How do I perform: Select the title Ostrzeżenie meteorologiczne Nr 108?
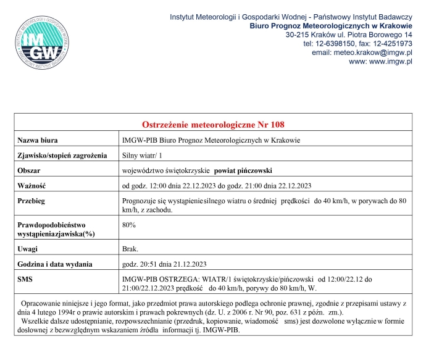pyautogui.click(x=213, y=124)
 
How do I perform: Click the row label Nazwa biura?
pyautogui.click(x=43, y=140)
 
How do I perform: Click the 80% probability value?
pyautogui.click(x=129, y=226)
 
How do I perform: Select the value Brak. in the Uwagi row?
pyautogui.click(x=131, y=249)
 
